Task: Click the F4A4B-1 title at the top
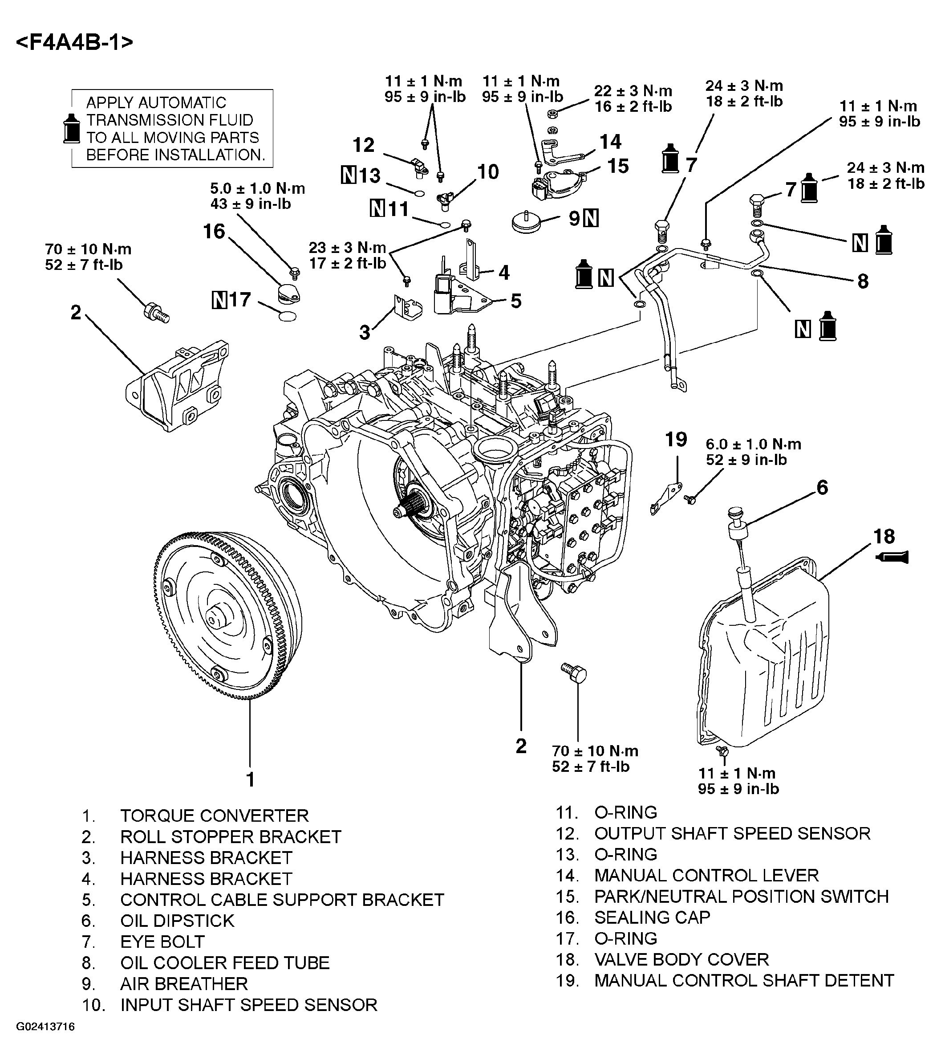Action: pos(74,42)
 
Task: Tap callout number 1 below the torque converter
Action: pos(250,779)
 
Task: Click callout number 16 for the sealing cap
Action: pos(214,232)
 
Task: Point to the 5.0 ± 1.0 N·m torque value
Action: pos(257,188)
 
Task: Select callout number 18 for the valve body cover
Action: pos(884,536)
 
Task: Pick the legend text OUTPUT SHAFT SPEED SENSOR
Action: pos(732,833)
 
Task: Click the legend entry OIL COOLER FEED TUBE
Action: pos(225,962)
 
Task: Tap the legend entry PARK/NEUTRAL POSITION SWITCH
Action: pos(741,897)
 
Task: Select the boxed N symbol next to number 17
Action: pos(219,300)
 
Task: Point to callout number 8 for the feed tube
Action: pos(863,281)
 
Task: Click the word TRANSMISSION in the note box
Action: pos(170,120)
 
